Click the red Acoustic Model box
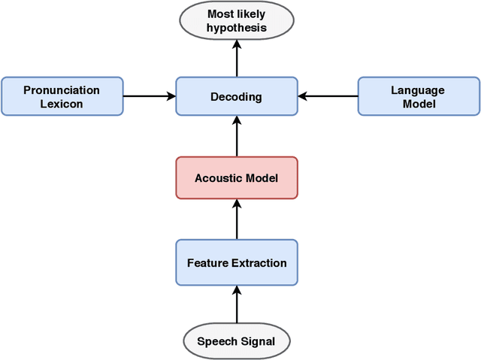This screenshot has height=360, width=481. click(237, 177)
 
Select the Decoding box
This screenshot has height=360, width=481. click(237, 96)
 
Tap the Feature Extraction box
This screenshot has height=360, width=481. click(237, 262)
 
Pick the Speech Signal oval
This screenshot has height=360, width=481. click(237, 341)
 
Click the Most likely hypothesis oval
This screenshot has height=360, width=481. click(237, 21)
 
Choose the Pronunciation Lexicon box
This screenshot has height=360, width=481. click(62, 96)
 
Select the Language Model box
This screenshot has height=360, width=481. click(418, 96)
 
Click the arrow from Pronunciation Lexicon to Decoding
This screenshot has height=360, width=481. click(149, 96)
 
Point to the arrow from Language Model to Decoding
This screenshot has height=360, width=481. click(328, 96)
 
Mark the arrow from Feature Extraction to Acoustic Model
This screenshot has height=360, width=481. click(237, 219)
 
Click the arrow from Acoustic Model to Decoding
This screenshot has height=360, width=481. click(237, 136)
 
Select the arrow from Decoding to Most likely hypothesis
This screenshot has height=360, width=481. click(237, 59)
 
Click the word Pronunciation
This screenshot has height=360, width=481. click(62, 90)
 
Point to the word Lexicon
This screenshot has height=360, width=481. click(62, 104)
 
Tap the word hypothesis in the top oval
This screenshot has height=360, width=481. click(237, 29)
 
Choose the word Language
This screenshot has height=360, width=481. click(418, 90)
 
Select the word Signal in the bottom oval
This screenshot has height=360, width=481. click(257, 342)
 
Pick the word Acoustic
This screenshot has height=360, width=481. click(218, 178)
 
